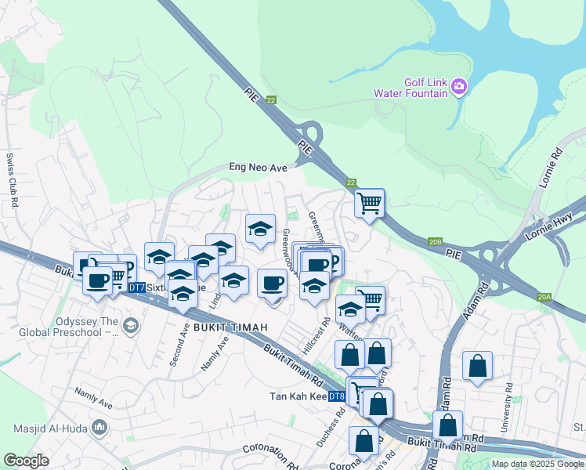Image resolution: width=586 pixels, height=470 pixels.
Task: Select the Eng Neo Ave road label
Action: click(258, 167)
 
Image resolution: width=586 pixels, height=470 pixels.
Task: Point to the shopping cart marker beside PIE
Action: click(369, 204)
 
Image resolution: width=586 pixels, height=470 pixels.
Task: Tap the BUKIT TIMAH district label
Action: click(226, 325)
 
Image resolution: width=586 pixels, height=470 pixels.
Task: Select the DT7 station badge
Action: click(136, 288)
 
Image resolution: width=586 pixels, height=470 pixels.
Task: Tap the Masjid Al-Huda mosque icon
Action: click(99, 428)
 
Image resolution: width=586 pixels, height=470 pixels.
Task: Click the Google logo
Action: click(26, 461)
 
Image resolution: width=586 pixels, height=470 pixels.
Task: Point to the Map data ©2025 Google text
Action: click(537, 464)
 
